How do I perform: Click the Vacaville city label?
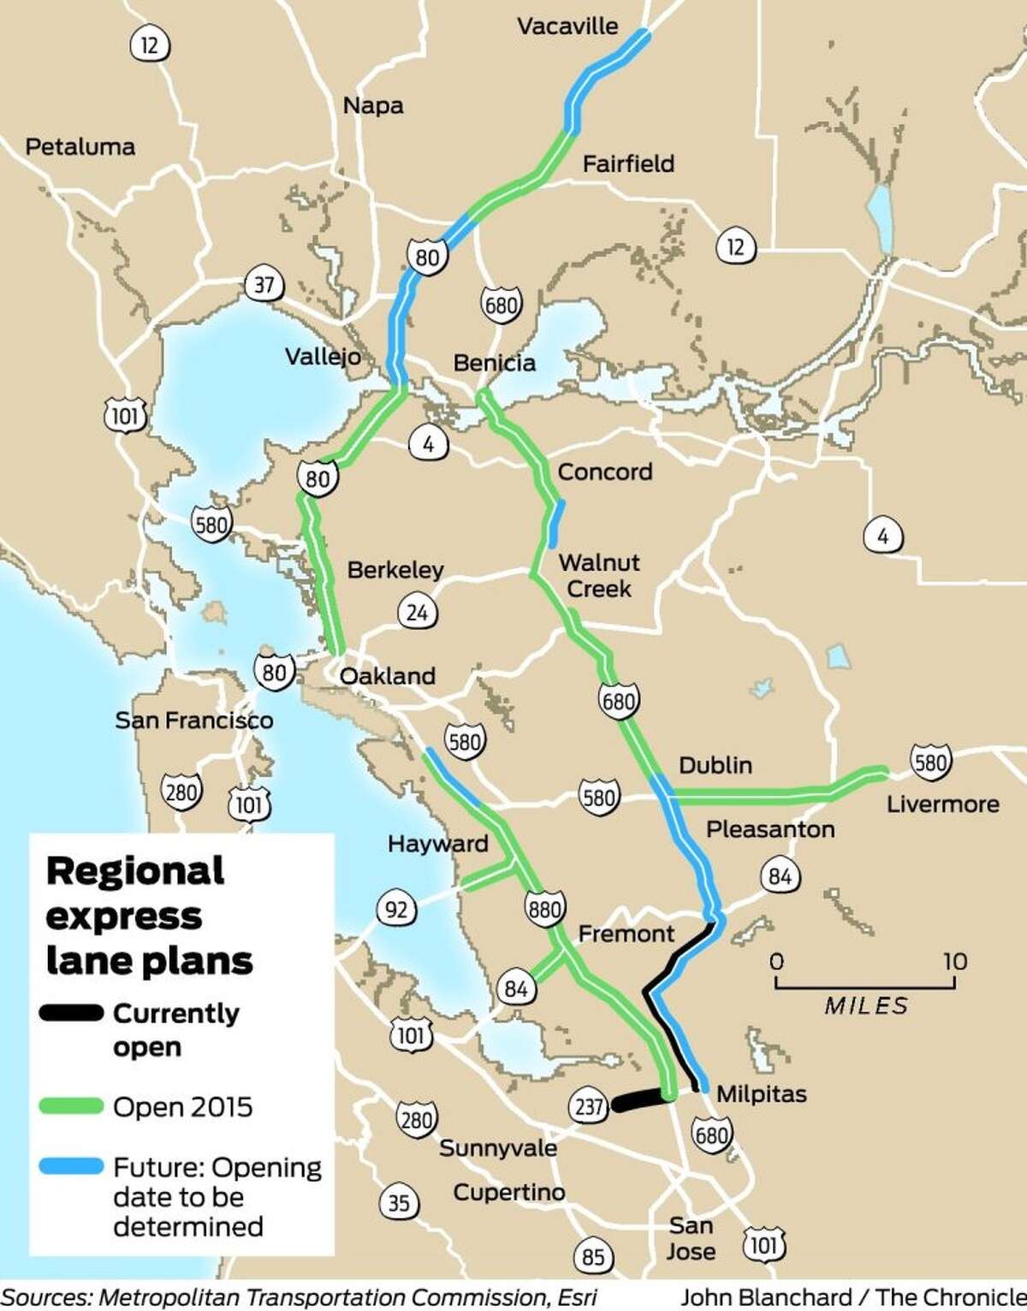pyautogui.click(x=567, y=27)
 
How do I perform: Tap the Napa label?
pyautogui.click(x=373, y=106)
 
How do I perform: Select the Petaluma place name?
pyautogui.click(x=80, y=147)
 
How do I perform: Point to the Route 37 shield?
pyautogui.click(x=264, y=284)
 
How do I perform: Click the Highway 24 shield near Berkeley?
pyautogui.click(x=417, y=613)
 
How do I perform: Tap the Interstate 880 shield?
pyautogui.click(x=545, y=909)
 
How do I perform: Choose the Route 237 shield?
pyautogui.click(x=589, y=1106)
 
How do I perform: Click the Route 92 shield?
pyautogui.click(x=396, y=909)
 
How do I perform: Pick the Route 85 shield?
pyautogui.click(x=592, y=1256)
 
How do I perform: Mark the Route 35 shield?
pyautogui.click(x=399, y=1203)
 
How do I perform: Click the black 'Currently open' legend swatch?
pyautogui.click(x=72, y=1014)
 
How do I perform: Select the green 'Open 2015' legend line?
pyautogui.click(x=72, y=1106)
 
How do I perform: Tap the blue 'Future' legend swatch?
pyautogui.click(x=72, y=1166)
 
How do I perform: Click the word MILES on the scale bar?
pyautogui.click(x=866, y=1005)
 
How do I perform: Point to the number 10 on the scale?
pyautogui.click(x=955, y=962)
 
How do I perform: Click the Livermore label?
pyautogui.click(x=942, y=804)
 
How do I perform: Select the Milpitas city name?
pyautogui.click(x=761, y=1094)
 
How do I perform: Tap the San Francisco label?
pyautogui.click(x=194, y=721)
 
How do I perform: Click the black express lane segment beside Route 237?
pyautogui.click(x=638, y=1103)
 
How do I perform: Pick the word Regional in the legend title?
pyautogui.click(x=135, y=872)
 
